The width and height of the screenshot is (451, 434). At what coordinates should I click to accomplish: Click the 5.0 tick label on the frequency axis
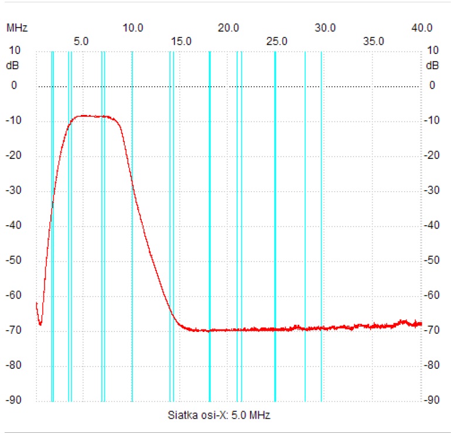[81, 41]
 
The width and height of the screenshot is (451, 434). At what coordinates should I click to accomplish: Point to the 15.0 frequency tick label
[180, 41]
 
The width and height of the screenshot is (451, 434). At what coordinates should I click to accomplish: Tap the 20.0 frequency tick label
[228, 28]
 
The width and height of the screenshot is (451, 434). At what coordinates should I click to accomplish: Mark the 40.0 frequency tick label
[422, 28]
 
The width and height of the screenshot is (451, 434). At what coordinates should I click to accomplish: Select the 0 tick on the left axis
[14, 86]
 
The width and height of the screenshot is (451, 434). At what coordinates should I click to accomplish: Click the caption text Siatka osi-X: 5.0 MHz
[219, 416]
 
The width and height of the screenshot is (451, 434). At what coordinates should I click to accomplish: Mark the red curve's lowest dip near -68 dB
[40, 324]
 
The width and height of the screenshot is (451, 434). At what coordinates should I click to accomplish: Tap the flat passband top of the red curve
[94, 116]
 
